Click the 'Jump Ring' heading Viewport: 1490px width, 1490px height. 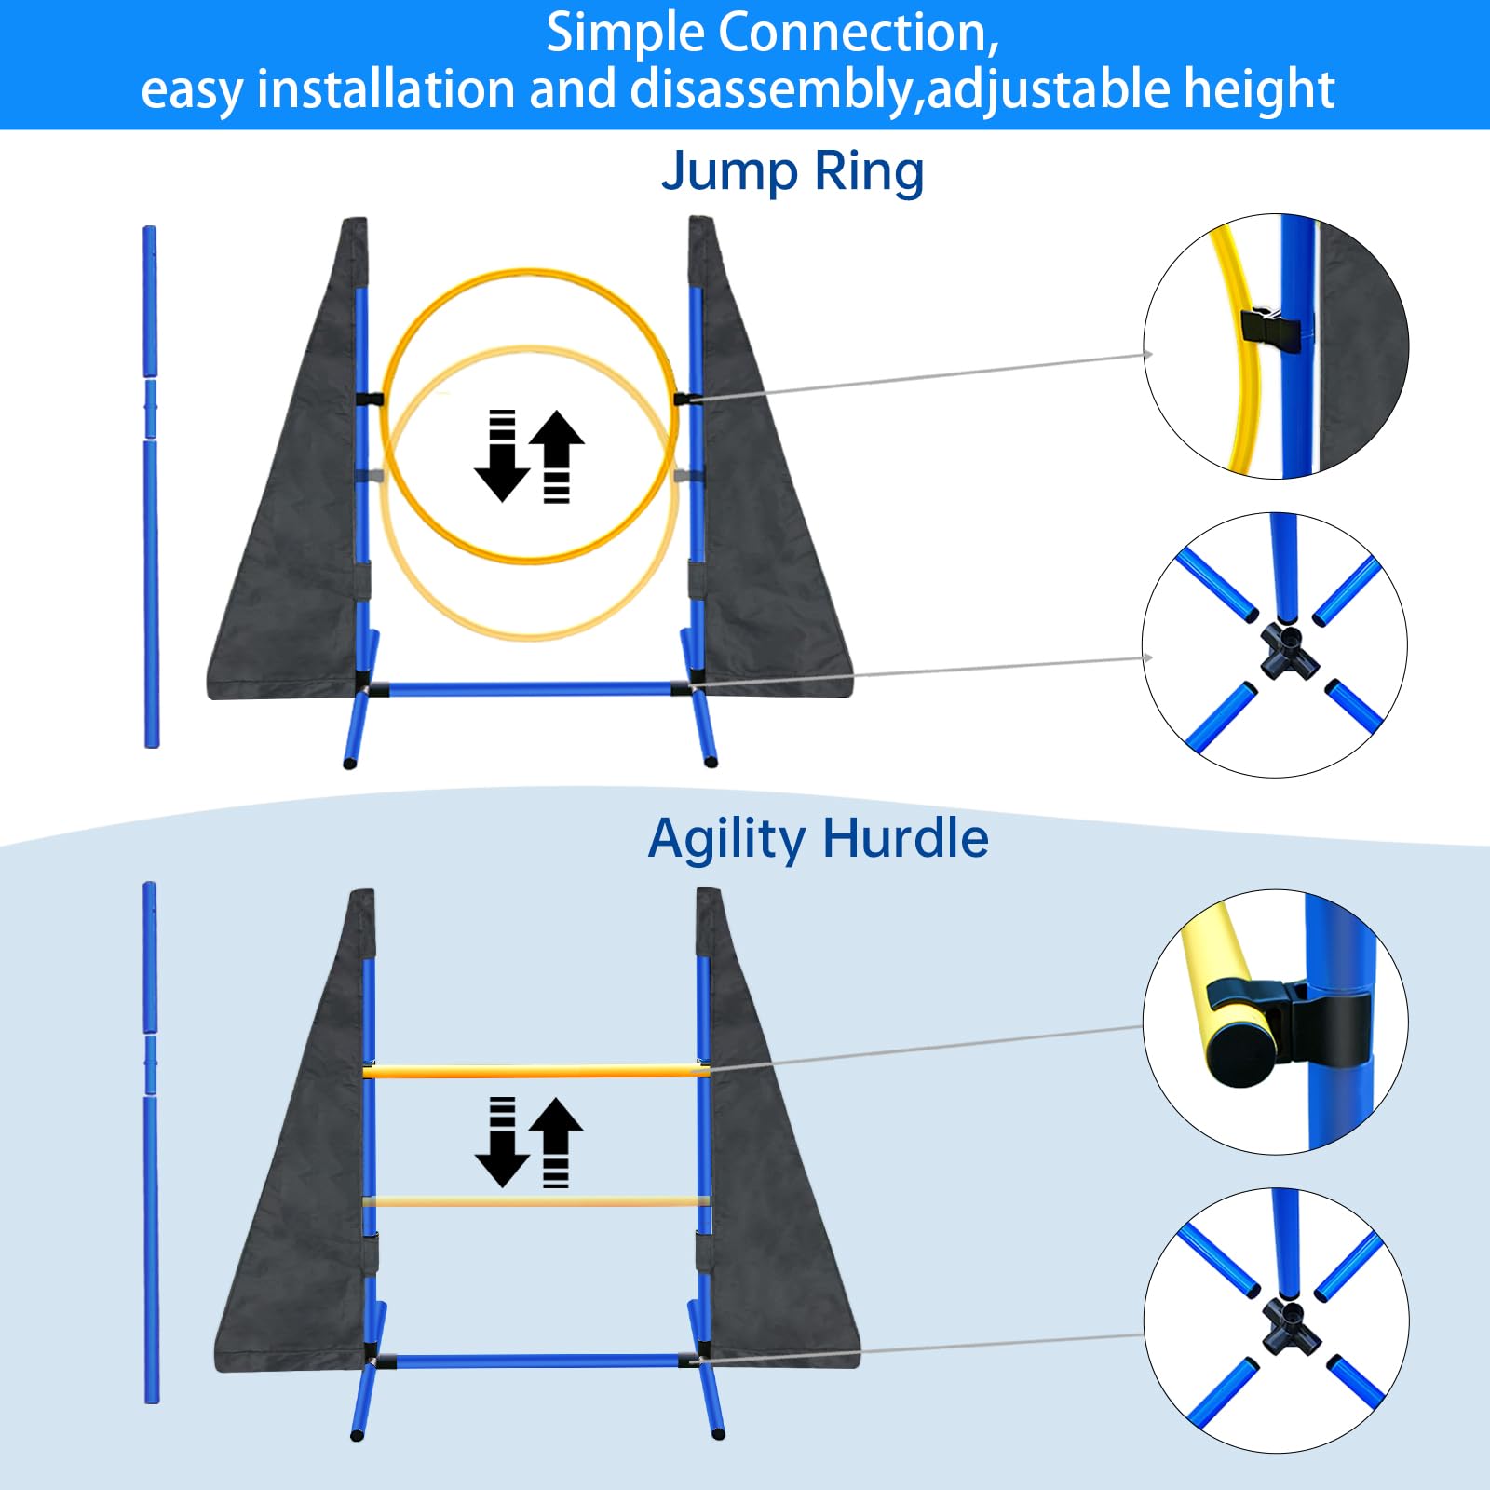792,173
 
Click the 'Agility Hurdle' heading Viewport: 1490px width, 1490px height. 818,839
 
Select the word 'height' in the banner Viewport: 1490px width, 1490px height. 1258,90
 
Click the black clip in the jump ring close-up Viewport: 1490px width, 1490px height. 1270,330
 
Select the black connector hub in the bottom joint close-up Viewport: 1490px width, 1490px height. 1289,1325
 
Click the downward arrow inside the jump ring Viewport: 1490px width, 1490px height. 502,456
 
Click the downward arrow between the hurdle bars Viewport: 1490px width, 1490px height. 502,1144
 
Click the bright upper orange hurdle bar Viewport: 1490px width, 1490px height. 535,1072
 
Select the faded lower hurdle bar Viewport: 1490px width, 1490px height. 535,1201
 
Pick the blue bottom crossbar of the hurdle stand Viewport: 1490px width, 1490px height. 535,1361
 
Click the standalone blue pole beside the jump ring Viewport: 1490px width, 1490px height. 151,559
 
